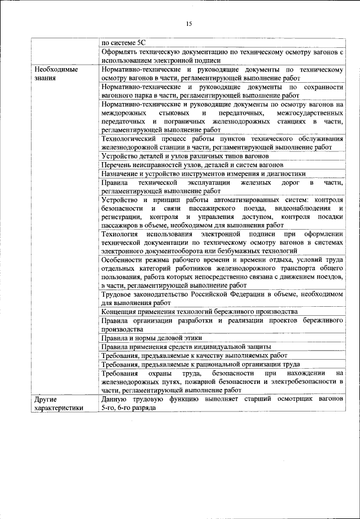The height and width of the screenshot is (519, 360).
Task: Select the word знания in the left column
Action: click(x=45, y=78)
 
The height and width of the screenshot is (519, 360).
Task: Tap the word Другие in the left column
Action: click(x=45, y=399)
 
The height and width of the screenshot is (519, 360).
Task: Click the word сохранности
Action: click(x=322, y=88)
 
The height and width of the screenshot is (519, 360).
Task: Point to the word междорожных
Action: click(x=125, y=113)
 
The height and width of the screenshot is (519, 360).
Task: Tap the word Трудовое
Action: click(x=117, y=294)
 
